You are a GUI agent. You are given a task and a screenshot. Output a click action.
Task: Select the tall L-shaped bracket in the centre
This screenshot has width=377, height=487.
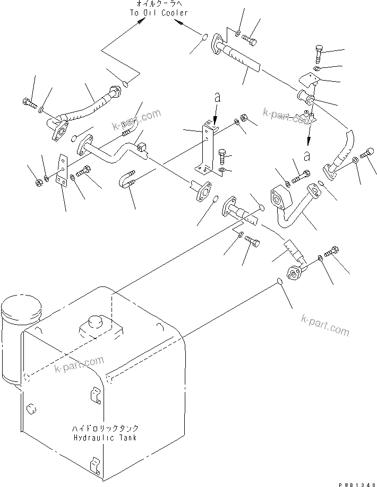(x=205, y=149)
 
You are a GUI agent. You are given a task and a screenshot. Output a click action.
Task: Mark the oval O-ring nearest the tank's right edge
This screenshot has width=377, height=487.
(x=279, y=282)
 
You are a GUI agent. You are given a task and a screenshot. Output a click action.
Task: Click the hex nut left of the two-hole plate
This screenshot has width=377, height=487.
(x=38, y=183)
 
